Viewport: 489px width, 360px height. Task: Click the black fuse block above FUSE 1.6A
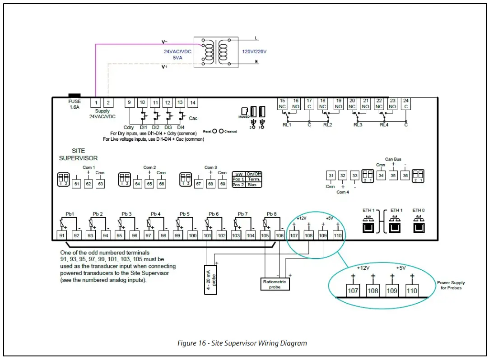(x=74, y=95)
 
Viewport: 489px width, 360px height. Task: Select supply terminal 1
(x=96, y=102)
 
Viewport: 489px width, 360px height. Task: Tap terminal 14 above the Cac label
(x=193, y=103)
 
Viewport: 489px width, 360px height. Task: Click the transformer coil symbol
(x=215, y=52)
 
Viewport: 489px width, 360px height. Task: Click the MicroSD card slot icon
(x=244, y=111)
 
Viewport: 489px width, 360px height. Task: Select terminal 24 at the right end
(x=406, y=104)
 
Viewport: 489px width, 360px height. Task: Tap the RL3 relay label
(x=358, y=125)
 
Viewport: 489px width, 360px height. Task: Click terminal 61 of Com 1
(x=76, y=184)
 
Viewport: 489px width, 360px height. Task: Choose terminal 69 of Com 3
(x=222, y=184)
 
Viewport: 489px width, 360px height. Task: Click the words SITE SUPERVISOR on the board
(x=78, y=154)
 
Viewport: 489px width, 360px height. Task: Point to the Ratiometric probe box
(x=275, y=284)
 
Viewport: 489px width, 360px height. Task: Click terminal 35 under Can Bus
(x=393, y=176)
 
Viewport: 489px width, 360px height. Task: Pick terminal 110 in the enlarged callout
(x=412, y=291)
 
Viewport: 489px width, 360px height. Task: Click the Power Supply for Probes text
(x=451, y=285)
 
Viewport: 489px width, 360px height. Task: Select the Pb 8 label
(x=271, y=214)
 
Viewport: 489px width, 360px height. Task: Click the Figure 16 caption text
(x=242, y=343)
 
